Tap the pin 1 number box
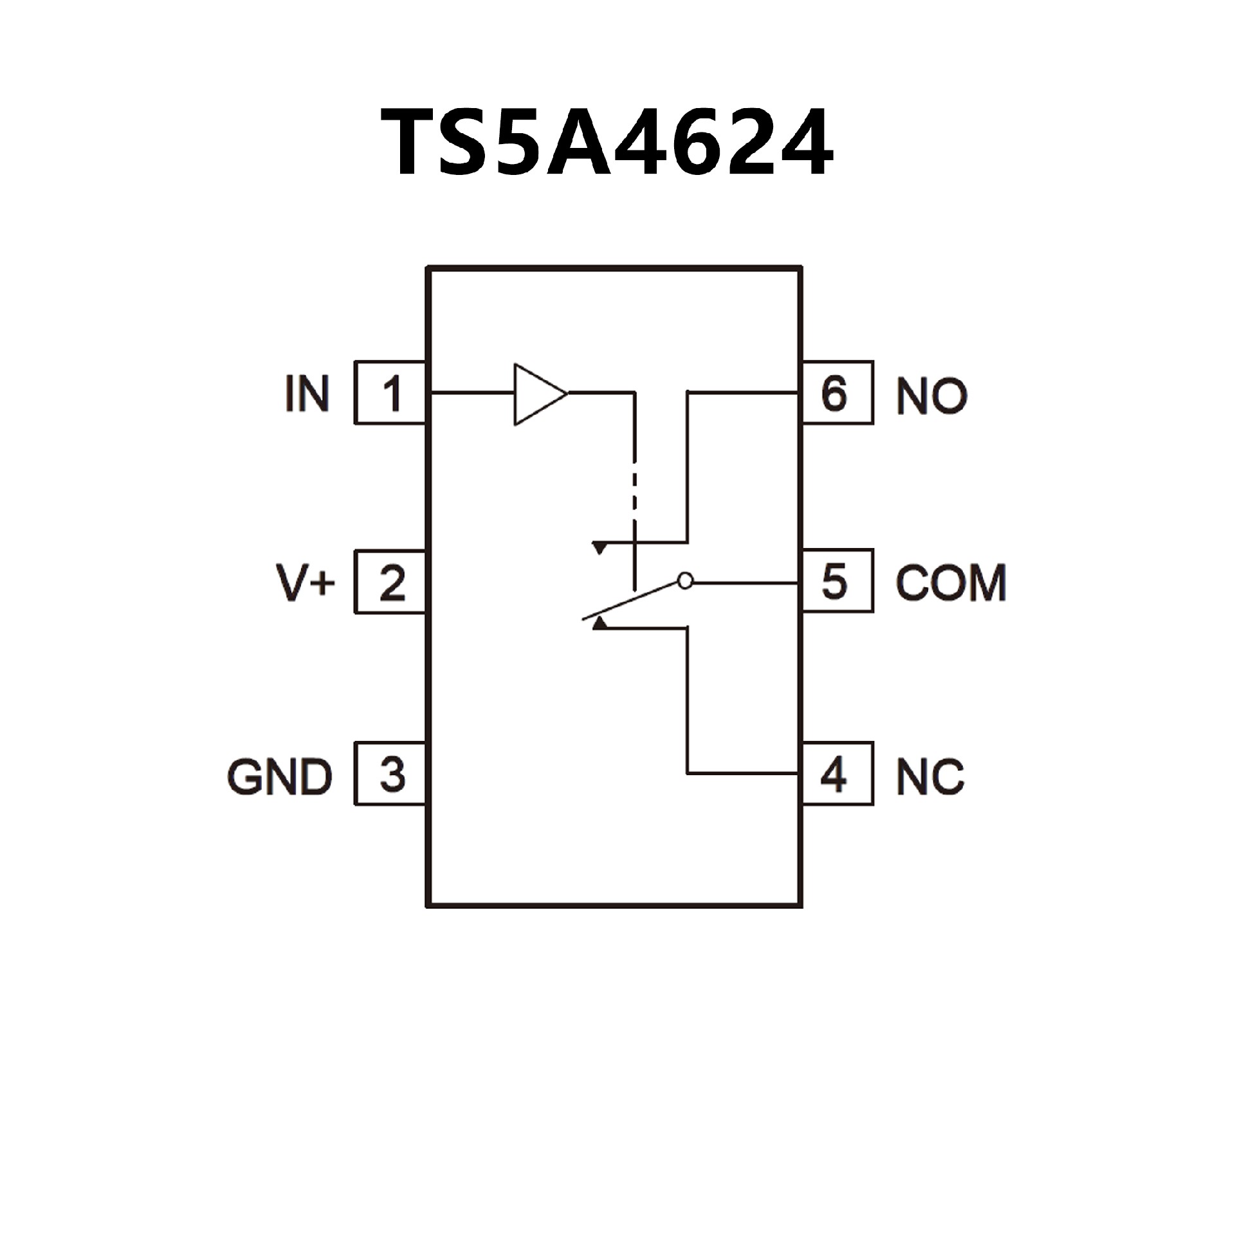(390, 392)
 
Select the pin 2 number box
(390, 582)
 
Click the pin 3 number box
(390, 773)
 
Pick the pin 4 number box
(837, 773)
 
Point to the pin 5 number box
(837, 581)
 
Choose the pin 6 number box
(837, 392)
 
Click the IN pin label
(307, 394)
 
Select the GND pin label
(279, 776)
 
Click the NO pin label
(931, 396)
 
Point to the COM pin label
(951, 583)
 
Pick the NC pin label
(930, 776)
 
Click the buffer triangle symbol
(536, 394)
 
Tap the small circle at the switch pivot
(686, 581)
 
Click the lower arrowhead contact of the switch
(599, 623)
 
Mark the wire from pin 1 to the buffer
(471, 392)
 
